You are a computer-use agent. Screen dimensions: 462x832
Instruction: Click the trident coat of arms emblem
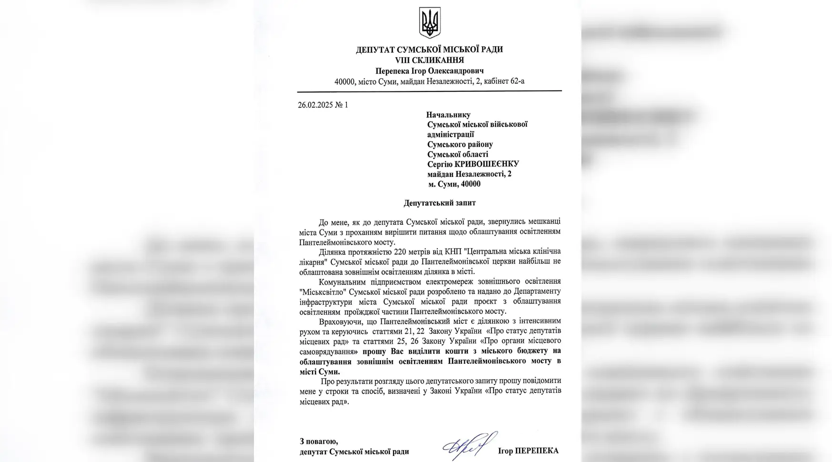429,22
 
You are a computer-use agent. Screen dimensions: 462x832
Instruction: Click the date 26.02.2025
315,105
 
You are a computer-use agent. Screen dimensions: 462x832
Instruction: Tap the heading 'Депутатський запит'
439,203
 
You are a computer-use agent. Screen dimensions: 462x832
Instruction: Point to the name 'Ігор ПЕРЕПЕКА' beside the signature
528,451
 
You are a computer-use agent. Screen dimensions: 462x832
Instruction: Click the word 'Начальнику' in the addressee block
448,115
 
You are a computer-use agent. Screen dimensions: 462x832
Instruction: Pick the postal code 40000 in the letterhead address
345,81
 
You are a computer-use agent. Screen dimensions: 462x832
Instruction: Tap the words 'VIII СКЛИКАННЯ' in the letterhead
429,60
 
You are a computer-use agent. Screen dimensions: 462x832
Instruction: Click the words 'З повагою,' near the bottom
319,442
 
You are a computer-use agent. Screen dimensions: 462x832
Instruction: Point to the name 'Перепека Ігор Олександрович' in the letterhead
429,71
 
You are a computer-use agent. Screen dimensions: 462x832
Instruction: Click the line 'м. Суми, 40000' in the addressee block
454,184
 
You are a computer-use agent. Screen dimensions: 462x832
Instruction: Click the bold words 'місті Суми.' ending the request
320,372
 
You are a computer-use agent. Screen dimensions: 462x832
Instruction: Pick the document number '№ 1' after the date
342,105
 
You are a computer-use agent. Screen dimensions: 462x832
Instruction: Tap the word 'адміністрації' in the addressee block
450,134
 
